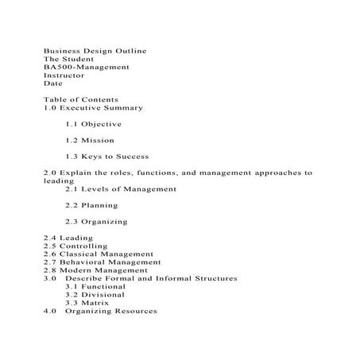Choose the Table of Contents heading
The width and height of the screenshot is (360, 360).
[x=80, y=99]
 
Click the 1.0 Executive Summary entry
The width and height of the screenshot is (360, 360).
[x=93, y=107]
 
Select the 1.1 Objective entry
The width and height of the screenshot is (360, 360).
[x=94, y=124]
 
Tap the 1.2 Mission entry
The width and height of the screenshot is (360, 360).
[x=90, y=140]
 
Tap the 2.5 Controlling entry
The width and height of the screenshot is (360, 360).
[x=76, y=246]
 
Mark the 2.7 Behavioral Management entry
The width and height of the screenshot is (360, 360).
[x=103, y=262]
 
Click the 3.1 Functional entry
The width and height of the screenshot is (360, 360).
[x=96, y=286]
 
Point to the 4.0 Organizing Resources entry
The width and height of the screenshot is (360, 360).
[x=100, y=311]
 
